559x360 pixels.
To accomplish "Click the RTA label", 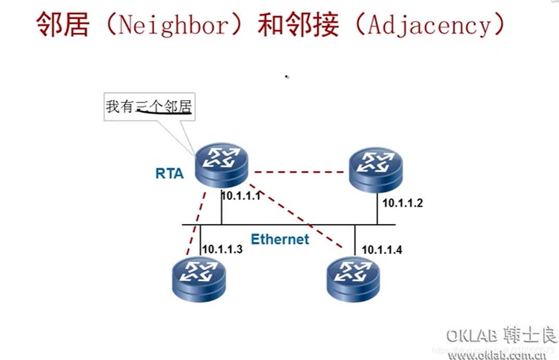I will (x=169, y=173).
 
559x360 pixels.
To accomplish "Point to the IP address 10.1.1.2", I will (x=402, y=203).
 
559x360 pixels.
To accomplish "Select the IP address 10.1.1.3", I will (x=222, y=249).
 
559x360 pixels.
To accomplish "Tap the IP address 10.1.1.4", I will (x=382, y=250).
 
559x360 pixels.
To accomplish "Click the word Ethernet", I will (x=280, y=239).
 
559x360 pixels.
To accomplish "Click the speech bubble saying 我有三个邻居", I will (x=150, y=107).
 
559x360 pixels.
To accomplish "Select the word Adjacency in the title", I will (x=429, y=25).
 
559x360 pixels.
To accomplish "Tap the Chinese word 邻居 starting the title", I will (x=63, y=25).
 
